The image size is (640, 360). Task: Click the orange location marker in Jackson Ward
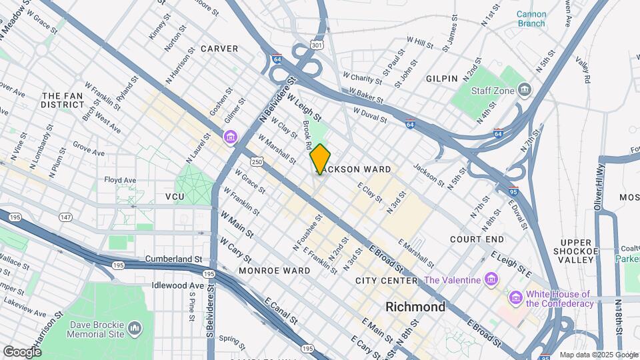tap(320, 159)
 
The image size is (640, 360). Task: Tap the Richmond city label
tap(415, 307)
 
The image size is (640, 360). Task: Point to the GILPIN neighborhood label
tap(442, 78)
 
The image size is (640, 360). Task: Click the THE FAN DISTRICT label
tap(62, 100)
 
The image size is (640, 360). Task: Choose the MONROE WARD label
tap(274, 271)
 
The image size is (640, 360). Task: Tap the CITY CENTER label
tap(387, 281)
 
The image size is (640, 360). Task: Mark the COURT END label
tap(477, 239)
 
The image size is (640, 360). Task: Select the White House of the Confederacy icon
tap(515, 297)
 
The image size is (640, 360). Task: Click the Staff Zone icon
tap(525, 89)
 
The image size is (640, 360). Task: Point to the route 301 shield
tap(317, 45)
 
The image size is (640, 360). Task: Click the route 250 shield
tap(257, 162)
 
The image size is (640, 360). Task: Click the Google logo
tap(22, 351)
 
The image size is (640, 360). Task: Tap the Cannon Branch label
tap(531, 19)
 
